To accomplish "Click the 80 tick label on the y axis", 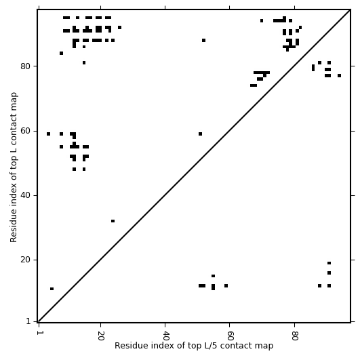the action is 26,66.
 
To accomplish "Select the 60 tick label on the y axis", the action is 26,131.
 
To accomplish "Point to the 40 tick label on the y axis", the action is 26,195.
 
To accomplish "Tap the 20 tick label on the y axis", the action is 26,260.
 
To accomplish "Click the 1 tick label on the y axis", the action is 28,321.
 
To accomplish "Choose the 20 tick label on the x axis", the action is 100,336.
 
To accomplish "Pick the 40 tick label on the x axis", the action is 165,336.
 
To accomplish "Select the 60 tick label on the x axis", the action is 230,336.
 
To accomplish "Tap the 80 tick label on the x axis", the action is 294,336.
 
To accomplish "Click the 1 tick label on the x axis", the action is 39,333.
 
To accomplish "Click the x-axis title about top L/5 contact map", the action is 194,346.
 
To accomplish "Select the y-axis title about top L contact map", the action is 14,167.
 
